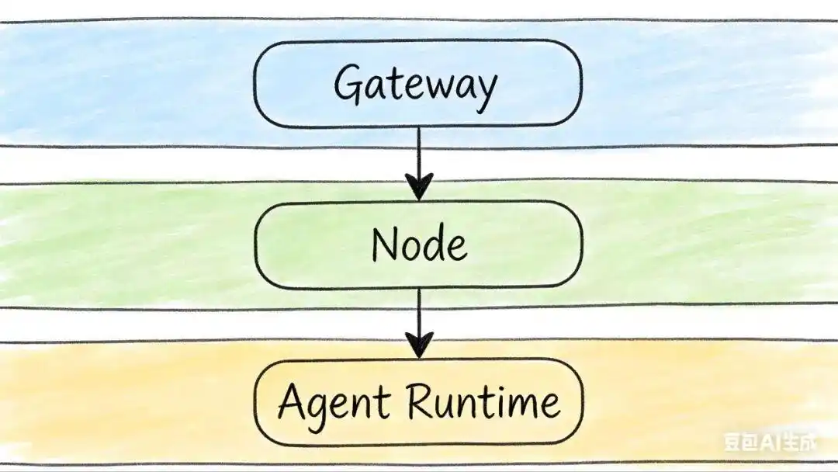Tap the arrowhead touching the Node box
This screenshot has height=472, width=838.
419,188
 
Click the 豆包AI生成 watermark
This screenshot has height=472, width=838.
770,443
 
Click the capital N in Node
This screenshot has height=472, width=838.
384,244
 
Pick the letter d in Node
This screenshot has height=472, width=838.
434,244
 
